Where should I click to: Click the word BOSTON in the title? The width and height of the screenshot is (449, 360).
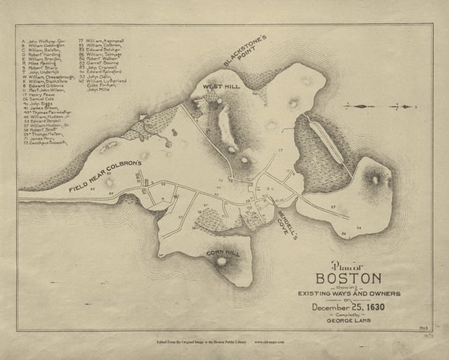(x=348, y=278)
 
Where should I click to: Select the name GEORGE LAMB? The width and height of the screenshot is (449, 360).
(x=348, y=323)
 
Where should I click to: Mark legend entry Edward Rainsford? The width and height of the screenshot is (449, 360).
(x=106, y=72)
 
